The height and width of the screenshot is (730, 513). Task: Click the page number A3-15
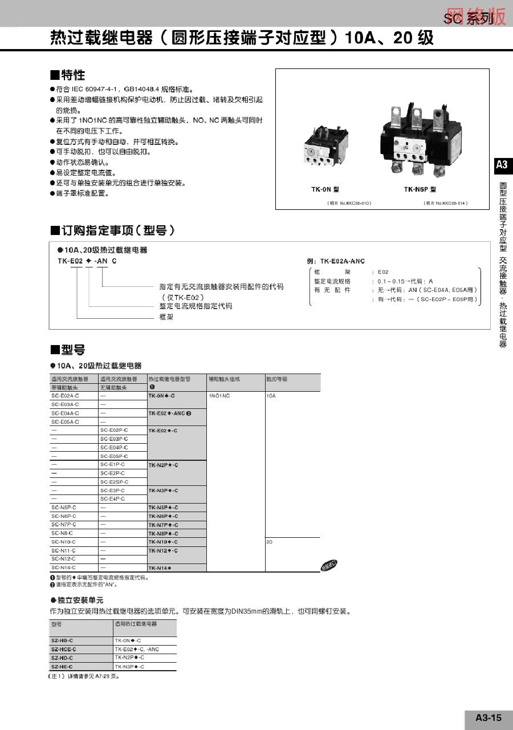point(488,717)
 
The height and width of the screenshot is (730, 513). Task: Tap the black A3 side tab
point(502,165)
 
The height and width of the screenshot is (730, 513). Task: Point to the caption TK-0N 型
point(325,189)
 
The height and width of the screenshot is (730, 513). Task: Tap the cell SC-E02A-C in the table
point(66,395)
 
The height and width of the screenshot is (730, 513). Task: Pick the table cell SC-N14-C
point(63,567)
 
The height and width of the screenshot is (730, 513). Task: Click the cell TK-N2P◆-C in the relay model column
point(164,465)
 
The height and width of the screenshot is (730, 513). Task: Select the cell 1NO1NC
point(219,395)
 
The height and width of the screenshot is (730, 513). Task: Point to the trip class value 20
point(269,542)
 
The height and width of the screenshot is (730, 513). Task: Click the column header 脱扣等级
point(277,379)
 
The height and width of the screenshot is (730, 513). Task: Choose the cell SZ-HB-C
point(62,640)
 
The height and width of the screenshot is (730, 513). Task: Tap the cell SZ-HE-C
point(62,666)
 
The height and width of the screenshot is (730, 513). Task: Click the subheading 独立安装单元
point(80,601)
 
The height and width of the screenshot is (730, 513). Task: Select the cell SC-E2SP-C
point(115,482)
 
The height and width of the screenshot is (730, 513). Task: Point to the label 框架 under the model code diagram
point(166,317)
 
